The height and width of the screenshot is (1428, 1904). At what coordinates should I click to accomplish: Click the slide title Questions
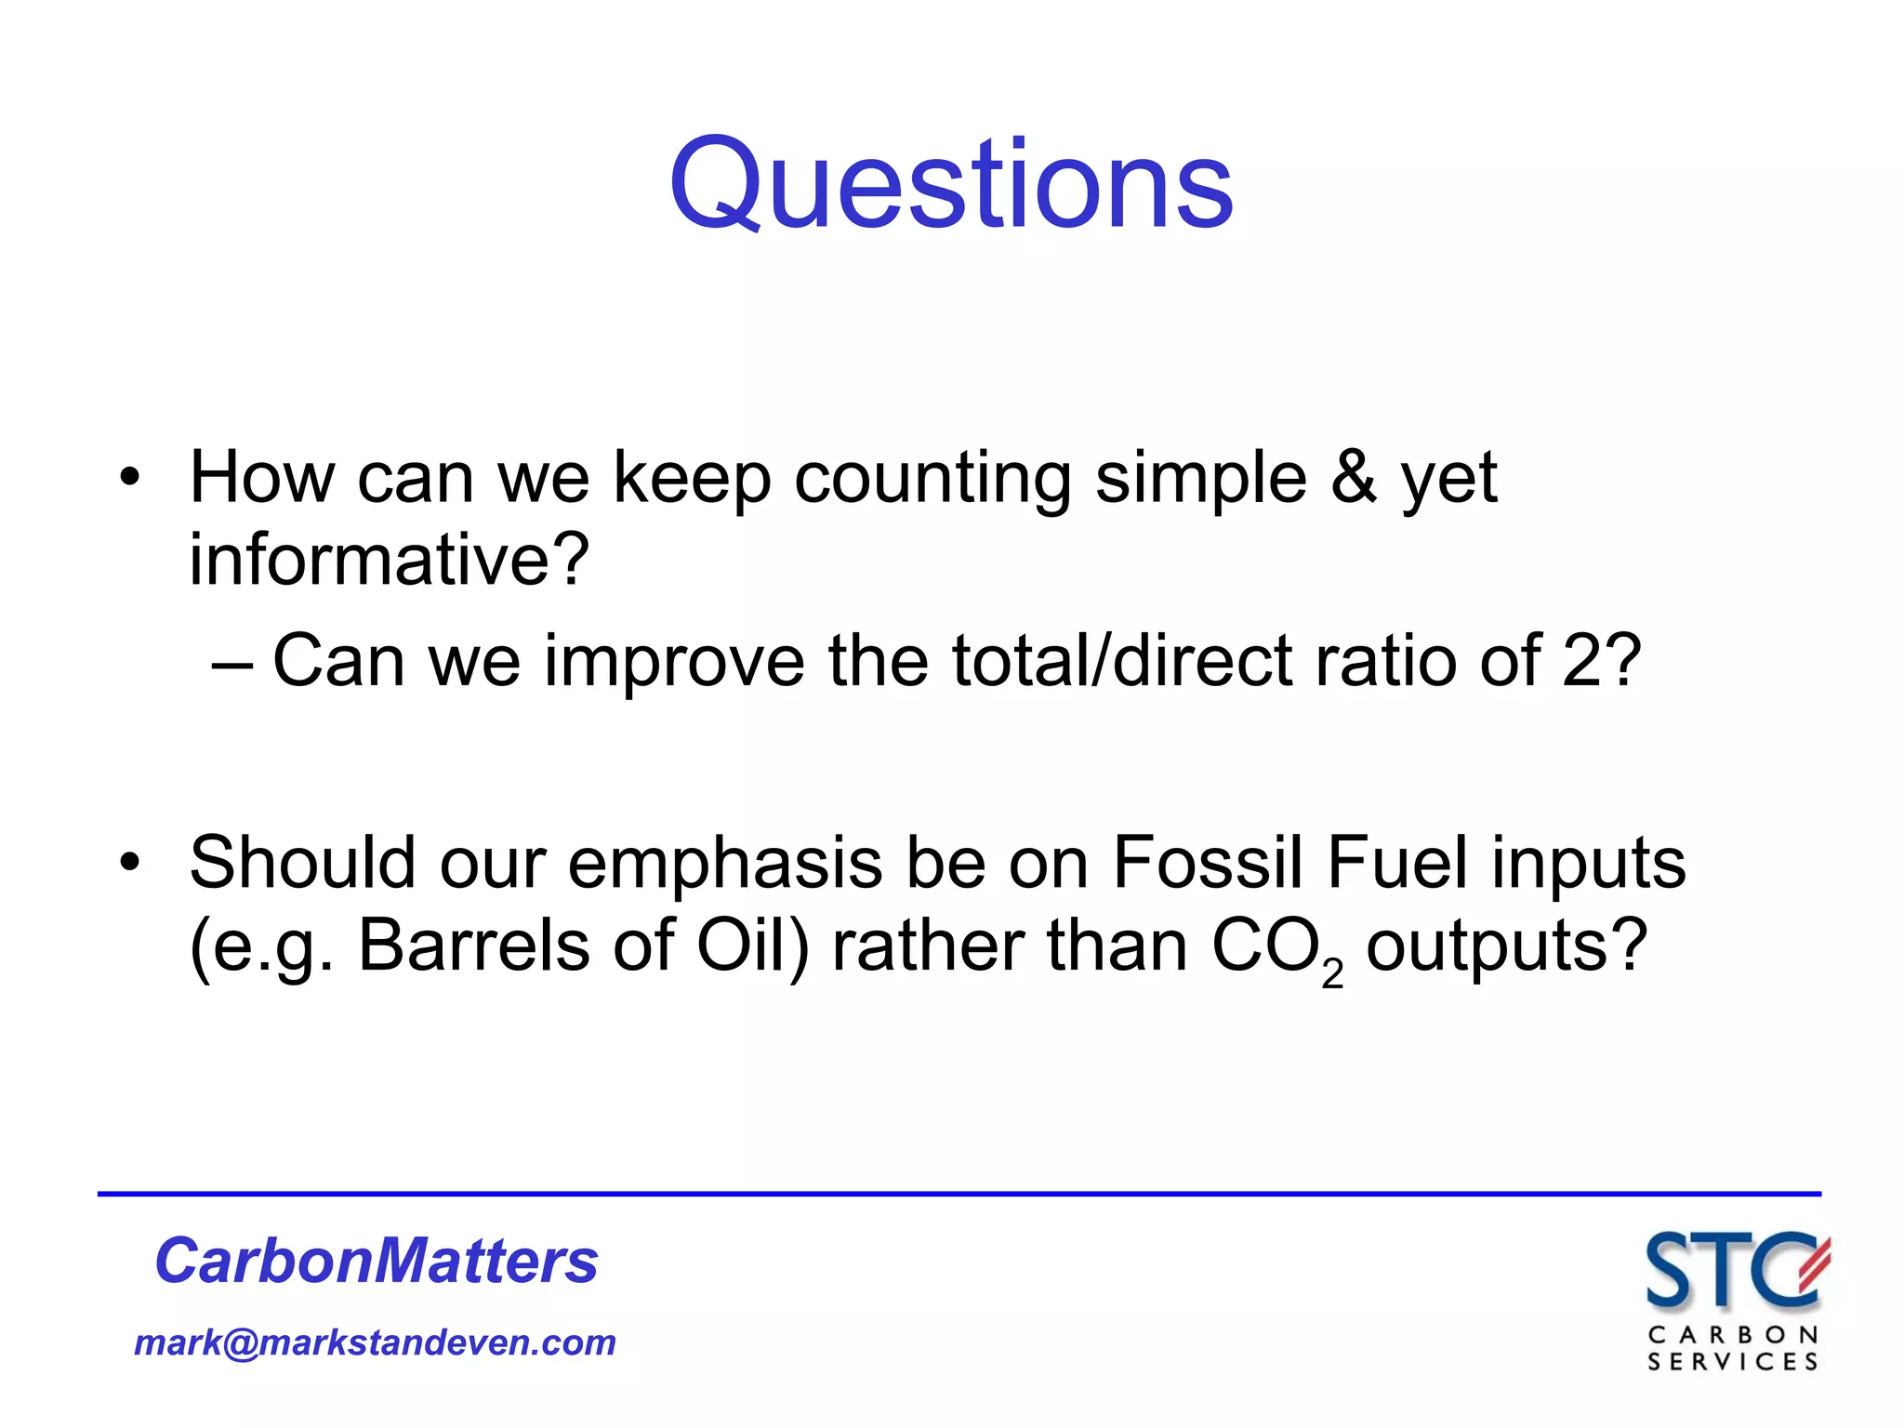(x=951, y=183)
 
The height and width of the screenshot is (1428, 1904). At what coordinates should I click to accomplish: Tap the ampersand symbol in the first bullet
(x=1354, y=477)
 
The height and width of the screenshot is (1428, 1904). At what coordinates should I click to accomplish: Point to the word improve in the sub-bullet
(x=673, y=661)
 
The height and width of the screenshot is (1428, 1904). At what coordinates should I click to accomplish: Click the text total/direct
(x=1121, y=661)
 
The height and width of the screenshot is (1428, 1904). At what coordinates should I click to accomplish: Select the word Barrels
(x=474, y=945)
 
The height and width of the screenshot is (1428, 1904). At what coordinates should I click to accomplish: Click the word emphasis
(x=724, y=863)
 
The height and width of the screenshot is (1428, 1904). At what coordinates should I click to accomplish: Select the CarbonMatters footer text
(x=377, y=1262)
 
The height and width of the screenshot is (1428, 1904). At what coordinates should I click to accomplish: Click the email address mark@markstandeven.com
(x=375, y=1342)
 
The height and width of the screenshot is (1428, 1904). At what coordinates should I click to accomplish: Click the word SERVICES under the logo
(x=1732, y=1362)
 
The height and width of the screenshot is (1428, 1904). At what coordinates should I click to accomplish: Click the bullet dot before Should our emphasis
(x=129, y=863)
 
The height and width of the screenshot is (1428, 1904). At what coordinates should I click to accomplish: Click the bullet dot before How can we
(x=129, y=478)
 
